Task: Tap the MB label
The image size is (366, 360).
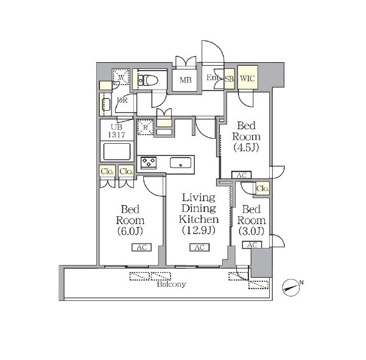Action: pyautogui.click(x=186, y=80)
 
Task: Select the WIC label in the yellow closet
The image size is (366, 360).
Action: pyautogui.click(x=247, y=78)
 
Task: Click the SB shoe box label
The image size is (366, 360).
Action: pyautogui.click(x=229, y=79)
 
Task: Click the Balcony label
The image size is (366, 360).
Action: pyautogui.click(x=172, y=284)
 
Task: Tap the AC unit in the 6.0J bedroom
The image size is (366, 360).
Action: pyautogui.click(x=142, y=247)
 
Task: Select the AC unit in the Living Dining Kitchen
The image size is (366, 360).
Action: pyautogui.click(x=199, y=247)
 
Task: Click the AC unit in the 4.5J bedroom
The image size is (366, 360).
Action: pyautogui.click(x=242, y=175)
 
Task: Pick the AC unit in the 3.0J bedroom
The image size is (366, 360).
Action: pyautogui.click(x=252, y=245)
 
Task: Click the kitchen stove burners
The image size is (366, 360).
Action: pyautogui.click(x=149, y=163)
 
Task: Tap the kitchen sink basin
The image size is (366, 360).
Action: pyautogui.click(x=181, y=163)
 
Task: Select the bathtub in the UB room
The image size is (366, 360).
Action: pyautogui.click(x=117, y=152)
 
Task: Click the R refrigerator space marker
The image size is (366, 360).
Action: pyautogui.click(x=145, y=127)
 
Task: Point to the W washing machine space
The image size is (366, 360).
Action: pyautogui.click(x=121, y=76)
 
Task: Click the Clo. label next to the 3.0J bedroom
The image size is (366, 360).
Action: pyautogui.click(x=262, y=188)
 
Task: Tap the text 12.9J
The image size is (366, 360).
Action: pyautogui.click(x=199, y=230)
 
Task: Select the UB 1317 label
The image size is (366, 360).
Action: pyautogui.click(x=116, y=131)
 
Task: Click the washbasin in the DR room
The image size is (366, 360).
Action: pyautogui.click(x=106, y=104)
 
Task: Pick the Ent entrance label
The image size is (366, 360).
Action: pyautogui.click(x=213, y=77)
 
